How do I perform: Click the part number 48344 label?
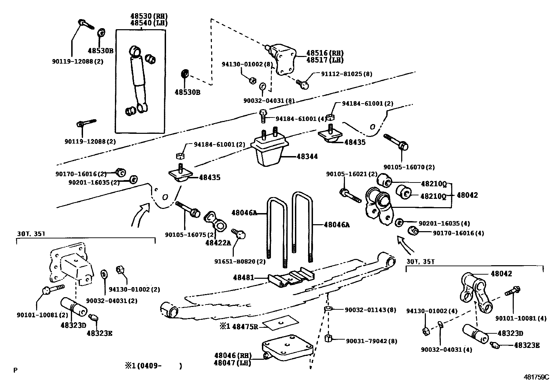tap(307, 157)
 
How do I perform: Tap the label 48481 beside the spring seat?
tap(243, 277)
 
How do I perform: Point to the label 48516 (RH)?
tap(324, 53)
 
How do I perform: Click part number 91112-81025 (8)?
tap(341, 74)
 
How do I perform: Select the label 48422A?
tap(218, 243)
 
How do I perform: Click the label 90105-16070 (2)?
tap(409, 167)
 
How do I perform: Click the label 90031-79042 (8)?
tap(371, 341)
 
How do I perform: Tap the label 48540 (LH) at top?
tap(149, 23)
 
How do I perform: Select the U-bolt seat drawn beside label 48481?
tap(291, 277)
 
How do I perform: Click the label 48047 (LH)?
tap(232, 363)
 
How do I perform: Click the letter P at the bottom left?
tap(15, 370)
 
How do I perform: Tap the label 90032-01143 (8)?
tap(371, 310)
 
